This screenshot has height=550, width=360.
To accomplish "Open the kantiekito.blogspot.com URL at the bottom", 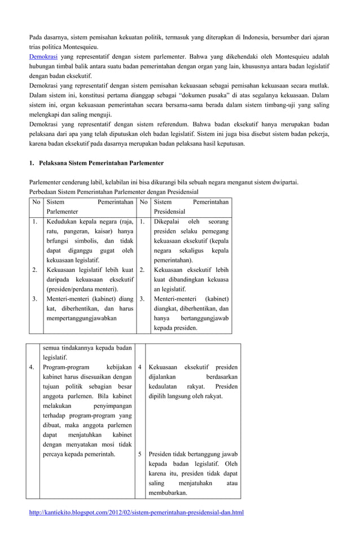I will coord(136,512).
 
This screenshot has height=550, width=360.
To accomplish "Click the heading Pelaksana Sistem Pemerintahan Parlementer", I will coord(101,162).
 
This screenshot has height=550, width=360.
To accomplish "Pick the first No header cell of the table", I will coord(36,201).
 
